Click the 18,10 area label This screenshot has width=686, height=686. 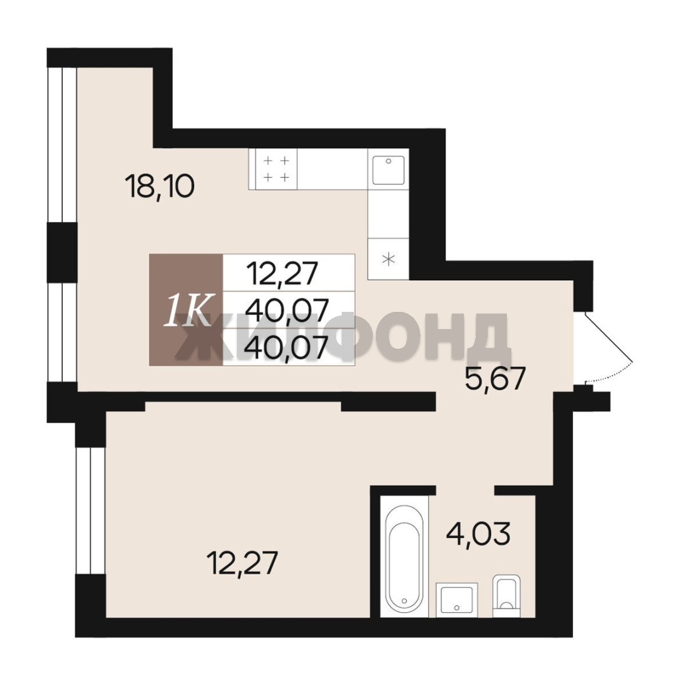coord(159,186)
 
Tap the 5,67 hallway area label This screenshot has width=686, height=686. coord(495,379)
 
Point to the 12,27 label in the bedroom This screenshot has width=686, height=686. coord(243,563)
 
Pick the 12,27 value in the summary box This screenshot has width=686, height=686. coord(282,273)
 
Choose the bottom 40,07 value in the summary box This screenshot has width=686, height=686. coord(286,348)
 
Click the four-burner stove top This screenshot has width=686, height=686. coord(273,170)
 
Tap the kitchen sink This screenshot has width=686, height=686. coord(389,170)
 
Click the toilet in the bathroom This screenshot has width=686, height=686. coord(507,596)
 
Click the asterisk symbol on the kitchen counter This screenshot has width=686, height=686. coord(389,259)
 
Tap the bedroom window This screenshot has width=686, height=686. coord(91,510)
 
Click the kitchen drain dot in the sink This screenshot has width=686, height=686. coord(389,161)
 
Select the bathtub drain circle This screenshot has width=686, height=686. coord(404,601)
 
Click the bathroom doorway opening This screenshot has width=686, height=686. coord(466,490)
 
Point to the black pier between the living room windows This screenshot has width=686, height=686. coord(62,252)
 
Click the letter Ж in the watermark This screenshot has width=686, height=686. coord(199,337)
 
